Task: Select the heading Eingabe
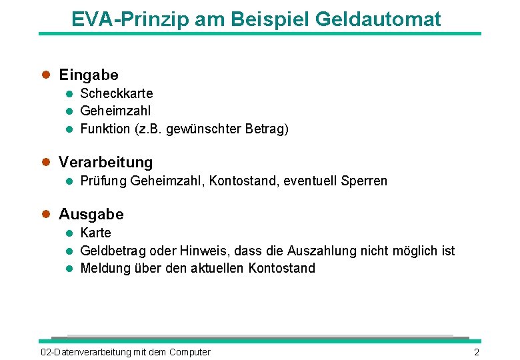coord(89,75)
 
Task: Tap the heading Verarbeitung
coord(105,162)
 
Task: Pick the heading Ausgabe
coord(91,214)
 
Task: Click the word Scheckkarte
coord(116,93)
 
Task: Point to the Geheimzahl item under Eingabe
coord(115,111)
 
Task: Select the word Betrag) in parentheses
coord(268,129)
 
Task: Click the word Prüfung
coord(103,181)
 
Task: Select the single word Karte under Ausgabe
coord(95,233)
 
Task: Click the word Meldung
coord(103,268)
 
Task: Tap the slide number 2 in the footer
coord(476,352)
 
